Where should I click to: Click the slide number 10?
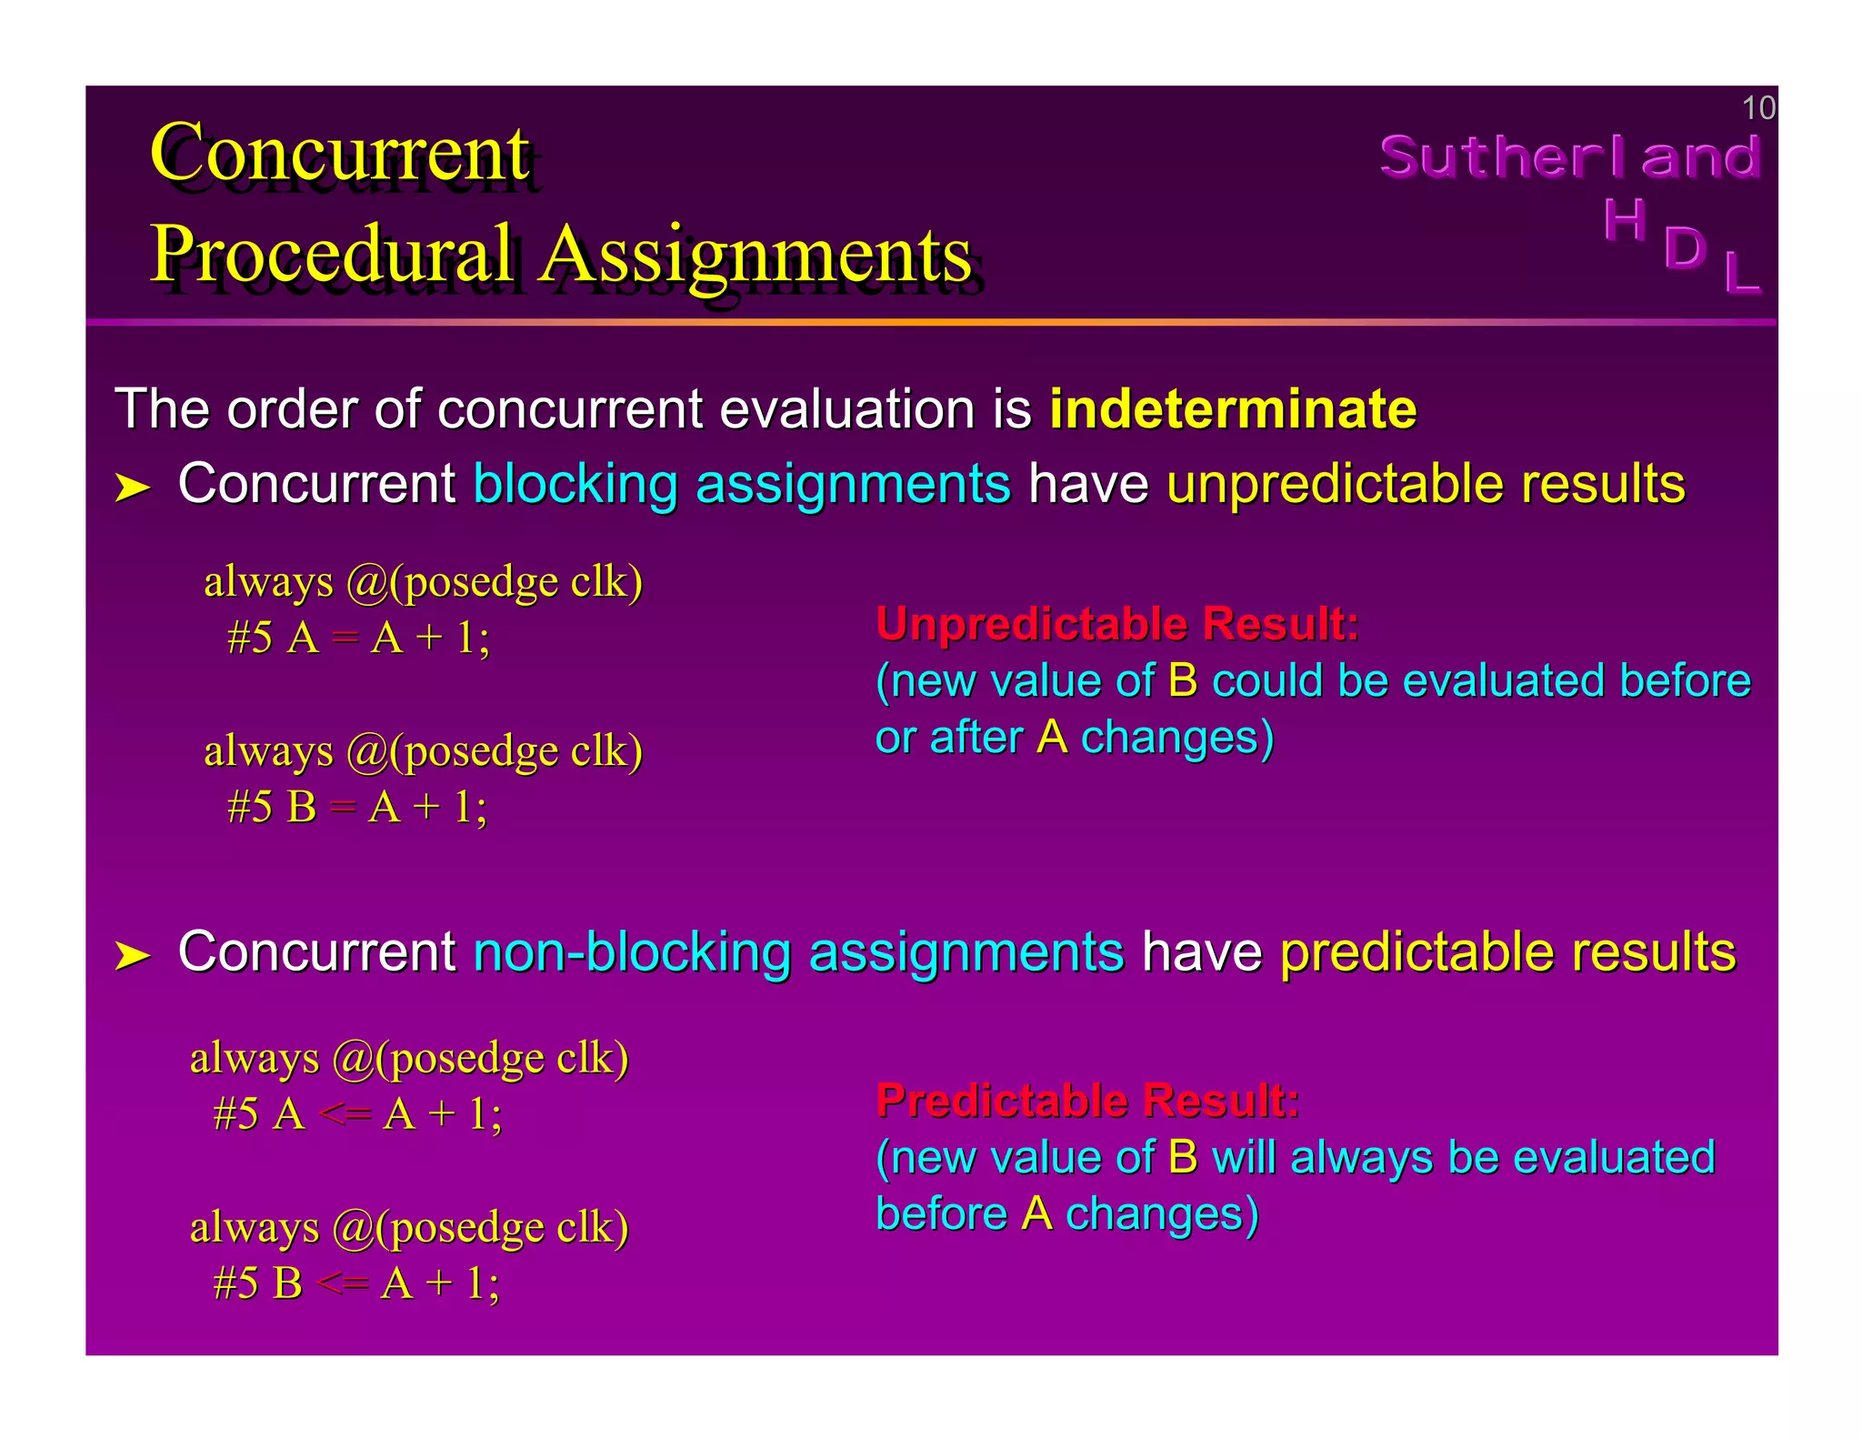pos(1757,108)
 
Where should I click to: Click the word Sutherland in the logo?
pos(1570,156)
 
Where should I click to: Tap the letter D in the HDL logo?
pos(1684,247)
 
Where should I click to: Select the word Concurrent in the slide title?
pos(340,153)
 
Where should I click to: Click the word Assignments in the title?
pos(756,254)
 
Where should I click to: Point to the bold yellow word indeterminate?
pos(1233,408)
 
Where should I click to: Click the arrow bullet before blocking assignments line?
pos(133,488)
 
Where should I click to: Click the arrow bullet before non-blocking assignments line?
pos(133,956)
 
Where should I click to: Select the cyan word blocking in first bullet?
pos(576,484)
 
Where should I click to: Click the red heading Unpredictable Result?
pos(1117,624)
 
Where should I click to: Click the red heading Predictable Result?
pos(1087,1101)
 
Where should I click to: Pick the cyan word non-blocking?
pos(632,952)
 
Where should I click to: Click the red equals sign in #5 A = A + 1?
pos(345,639)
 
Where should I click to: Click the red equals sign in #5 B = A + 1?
pos(343,808)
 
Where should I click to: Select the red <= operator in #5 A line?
pos(345,1115)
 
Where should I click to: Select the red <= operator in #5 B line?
pos(343,1284)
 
